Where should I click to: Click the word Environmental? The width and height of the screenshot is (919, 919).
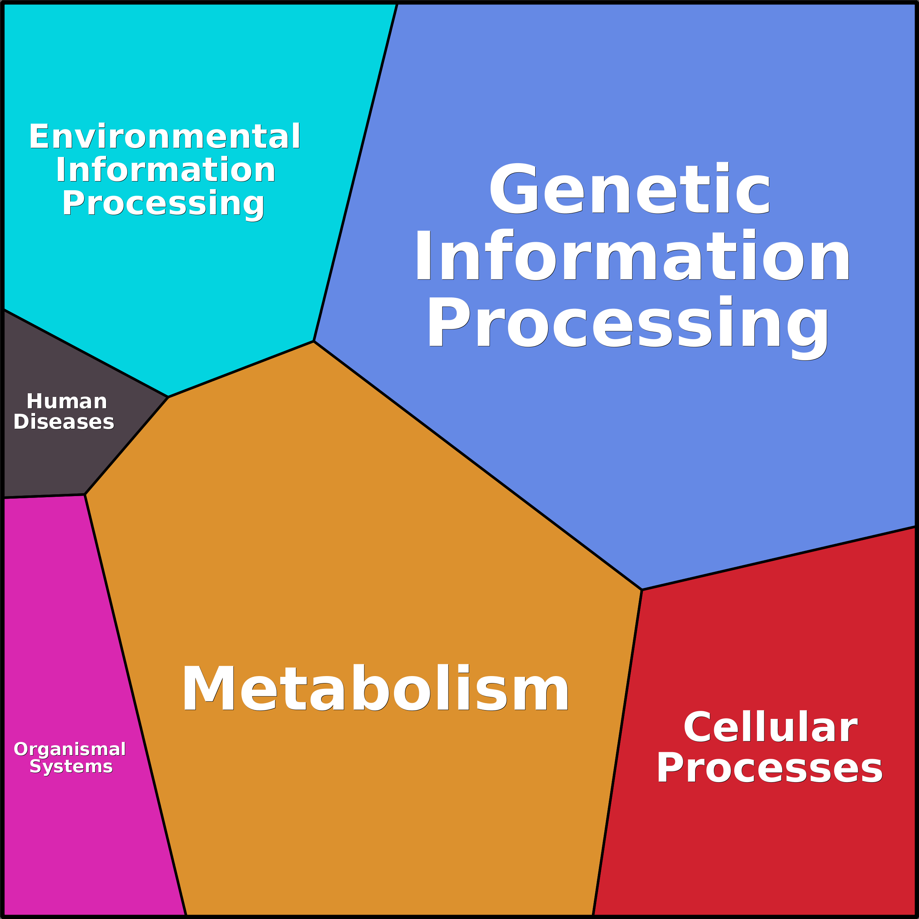(x=165, y=136)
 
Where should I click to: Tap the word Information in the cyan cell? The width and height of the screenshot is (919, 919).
(x=165, y=170)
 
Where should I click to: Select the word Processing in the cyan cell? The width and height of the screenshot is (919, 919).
(x=163, y=203)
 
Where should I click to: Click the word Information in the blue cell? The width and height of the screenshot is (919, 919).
(x=632, y=256)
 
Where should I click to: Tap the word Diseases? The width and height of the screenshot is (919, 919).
(x=64, y=422)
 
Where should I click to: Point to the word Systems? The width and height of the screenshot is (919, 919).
(x=71, y=766)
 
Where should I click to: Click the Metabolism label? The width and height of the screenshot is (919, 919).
(x=375, y=688)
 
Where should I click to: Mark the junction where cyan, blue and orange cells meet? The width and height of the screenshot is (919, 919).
(x=314, y=341)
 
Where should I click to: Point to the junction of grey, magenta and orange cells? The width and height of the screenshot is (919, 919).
(x=85, y=495)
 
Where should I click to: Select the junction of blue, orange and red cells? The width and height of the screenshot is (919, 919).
(x=642, y=590)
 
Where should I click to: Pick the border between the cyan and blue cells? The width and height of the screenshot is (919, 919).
(x=355, y=172)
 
